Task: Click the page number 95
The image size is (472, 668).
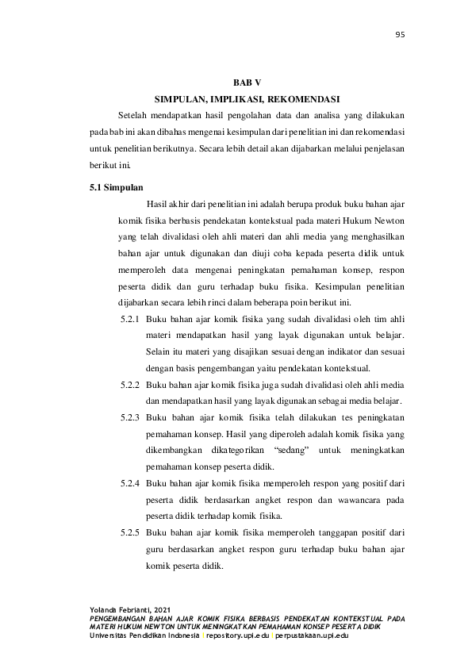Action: pyautogui.click(x=400, y=34)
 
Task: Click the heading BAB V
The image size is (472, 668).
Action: pyautogui.click(x=247, y=83)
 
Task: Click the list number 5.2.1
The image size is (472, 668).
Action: pyautogui.click(x=130, y=320)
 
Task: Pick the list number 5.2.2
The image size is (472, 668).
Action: pyautogui.click(x=130, y=385)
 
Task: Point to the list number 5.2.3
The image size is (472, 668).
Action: pyautogui.click(x=130, y=417)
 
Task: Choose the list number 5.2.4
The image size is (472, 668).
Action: pyautogui.click(x=130, y=483)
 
